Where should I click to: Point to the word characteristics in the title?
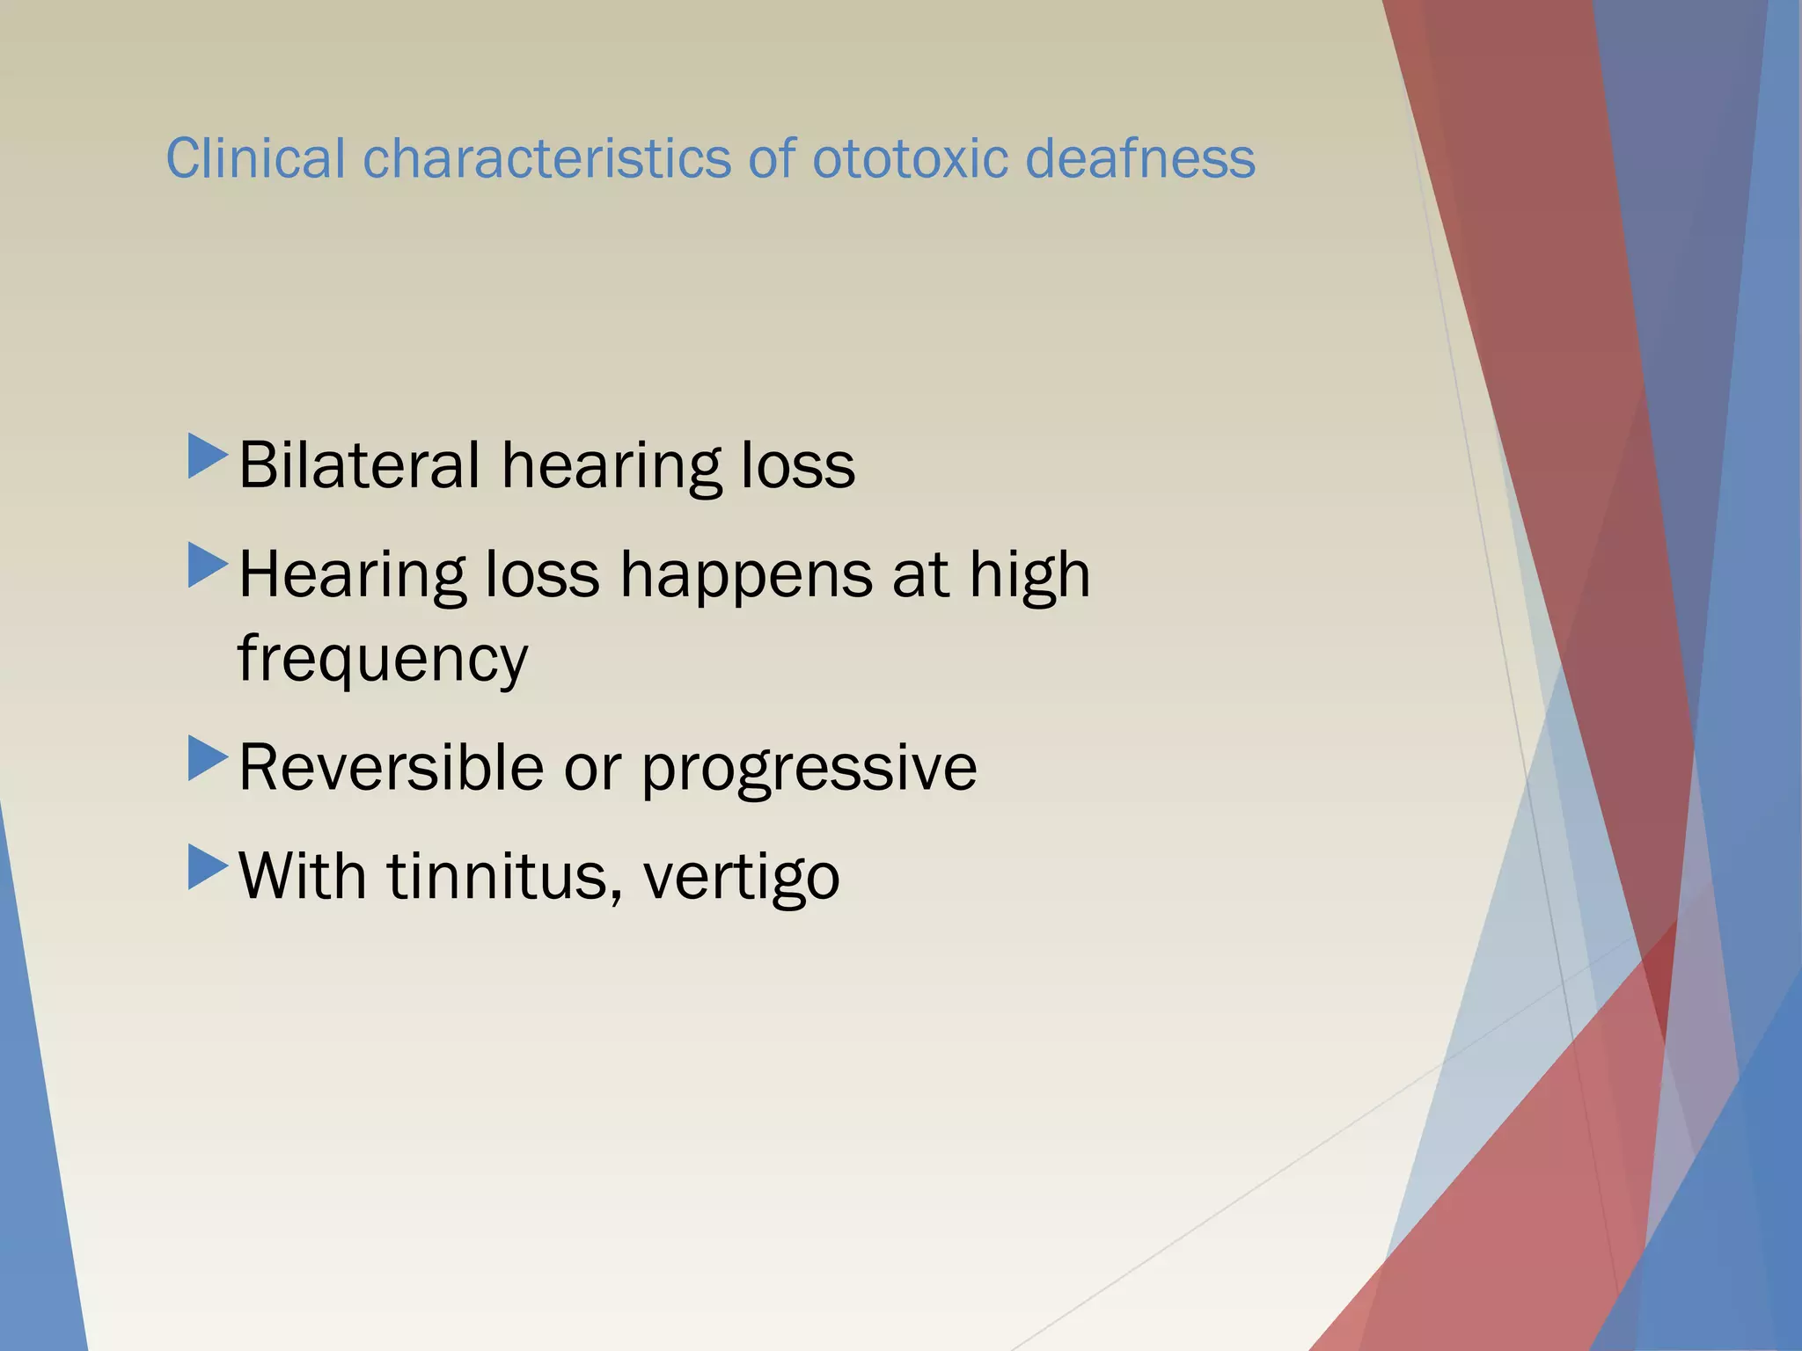tap(546, 159)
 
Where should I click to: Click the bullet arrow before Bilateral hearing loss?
tap(208, 456)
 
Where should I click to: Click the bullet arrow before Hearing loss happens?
tap(208, 566)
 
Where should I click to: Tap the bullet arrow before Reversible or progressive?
tap(208, 759)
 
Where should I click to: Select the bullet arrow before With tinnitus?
tap(208, 867)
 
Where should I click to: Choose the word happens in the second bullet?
tap(745, 575)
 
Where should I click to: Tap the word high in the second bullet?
tap(1029, 575)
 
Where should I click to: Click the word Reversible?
tap(391, 768)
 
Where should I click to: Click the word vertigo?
tap(741, 878)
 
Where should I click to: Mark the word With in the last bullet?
tap(302, 876)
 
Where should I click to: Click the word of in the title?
tap(771, 159)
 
